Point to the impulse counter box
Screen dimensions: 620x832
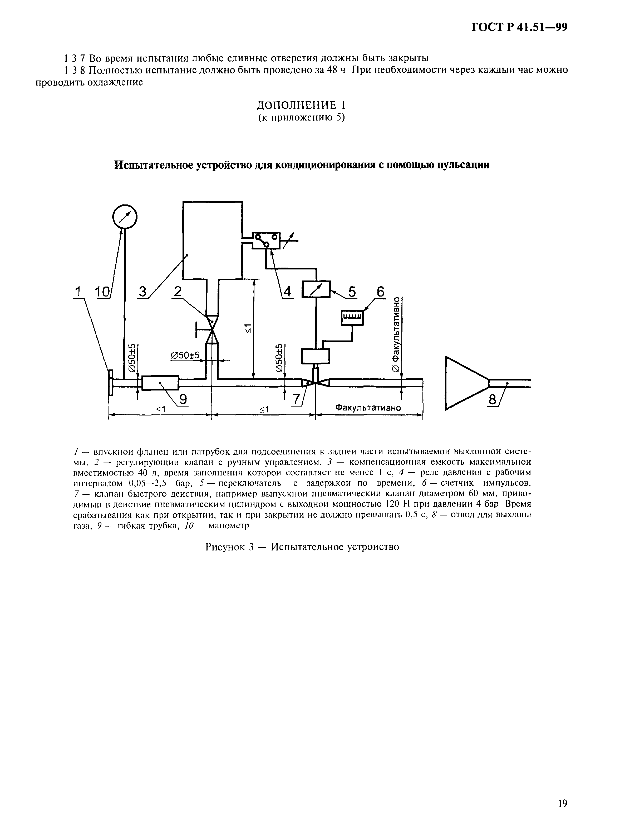tap(352, 318)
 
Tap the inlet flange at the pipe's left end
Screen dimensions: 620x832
tap(110, 382)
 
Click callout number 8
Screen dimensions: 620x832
tap(492, 401)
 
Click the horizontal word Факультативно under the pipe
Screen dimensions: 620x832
tap(368, 408)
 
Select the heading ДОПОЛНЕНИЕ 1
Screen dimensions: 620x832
tap(301, 105)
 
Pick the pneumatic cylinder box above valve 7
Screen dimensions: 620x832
tap(316, 356)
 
